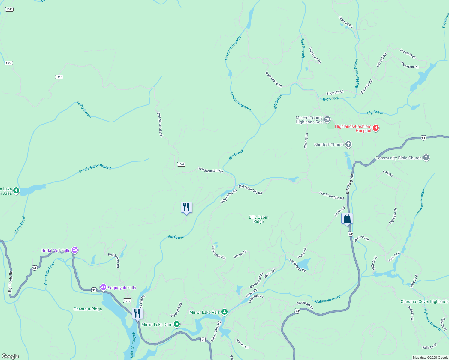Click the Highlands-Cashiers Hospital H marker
point(375,128)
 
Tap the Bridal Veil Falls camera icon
point(75,250)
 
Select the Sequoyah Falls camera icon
point(103,288)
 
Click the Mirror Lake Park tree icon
point(224,312)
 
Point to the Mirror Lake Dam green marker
point(177,324)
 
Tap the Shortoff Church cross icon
point(348,144)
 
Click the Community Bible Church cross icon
point(426,157)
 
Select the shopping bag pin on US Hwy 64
point(347,219)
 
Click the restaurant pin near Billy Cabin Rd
point(186,207)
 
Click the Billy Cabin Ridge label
point(258,219)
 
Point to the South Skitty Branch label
point(95,169)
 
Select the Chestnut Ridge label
point(88,309)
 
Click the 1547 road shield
point(127,301)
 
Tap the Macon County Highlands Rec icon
point(327,119)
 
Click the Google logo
point(10,356)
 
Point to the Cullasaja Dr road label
point(256,298)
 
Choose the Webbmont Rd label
point(114,260)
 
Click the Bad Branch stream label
point(303,48)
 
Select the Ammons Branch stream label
point(420,202)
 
